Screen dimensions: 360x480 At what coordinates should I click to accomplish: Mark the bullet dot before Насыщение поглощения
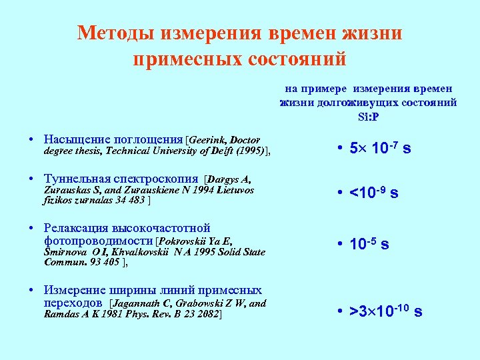[32, 140]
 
